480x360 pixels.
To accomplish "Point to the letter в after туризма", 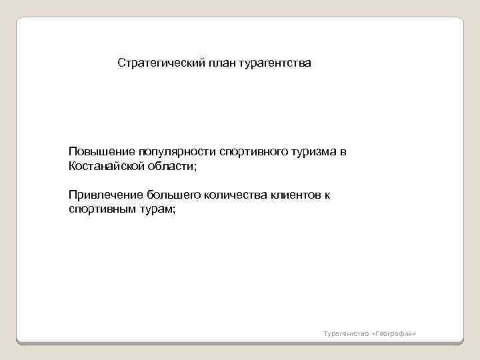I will (x=343, y=152).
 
